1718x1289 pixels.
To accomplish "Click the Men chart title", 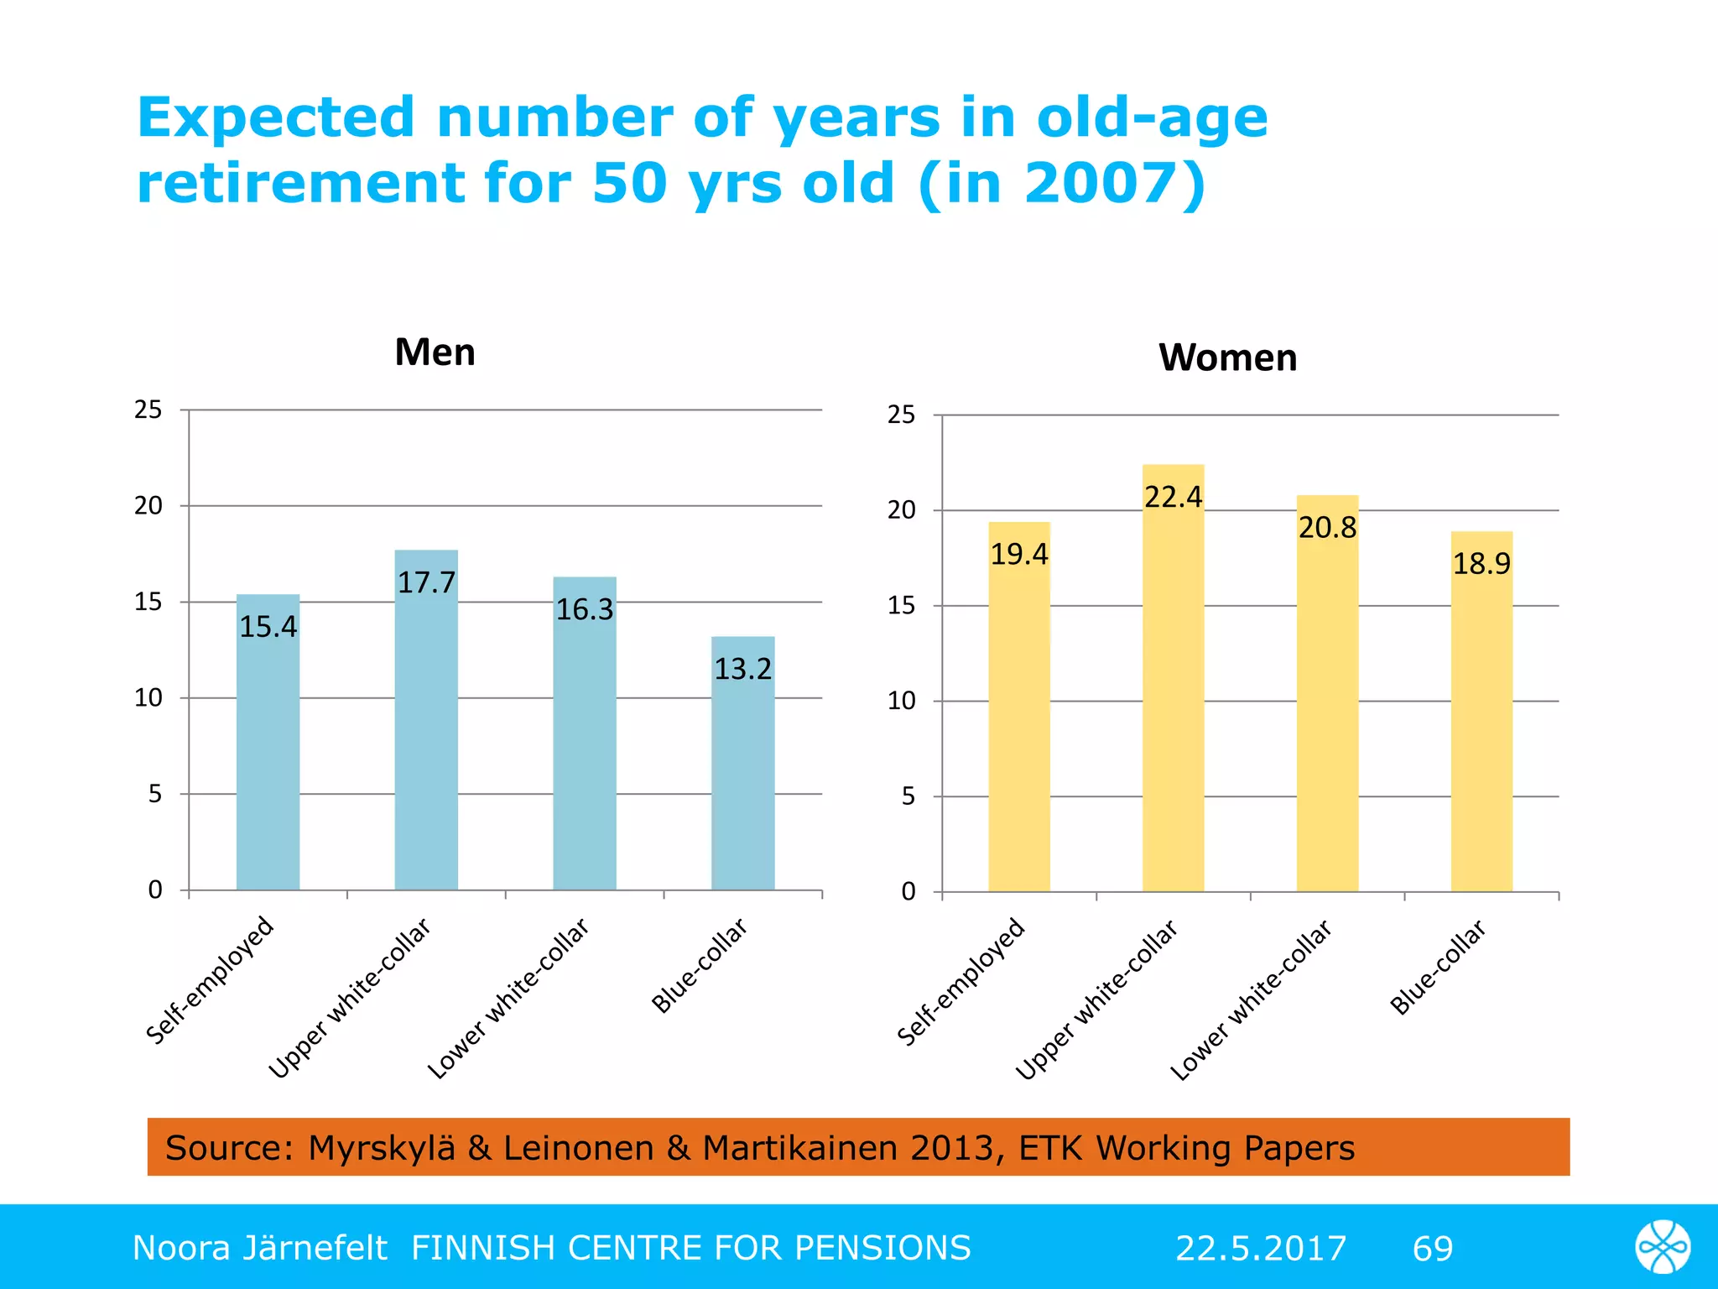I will (x=435, y=352).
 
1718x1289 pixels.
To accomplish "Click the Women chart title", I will (x=1227, y=358).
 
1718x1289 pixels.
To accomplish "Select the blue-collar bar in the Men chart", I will (x=742, y=780).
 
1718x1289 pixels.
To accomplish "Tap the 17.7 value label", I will (x=426, y=582).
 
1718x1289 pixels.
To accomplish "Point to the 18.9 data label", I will (x=1481, y=563).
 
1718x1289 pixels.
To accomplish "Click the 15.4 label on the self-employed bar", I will (x=268, y=627).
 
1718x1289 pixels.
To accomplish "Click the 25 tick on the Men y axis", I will (x=148, y=410).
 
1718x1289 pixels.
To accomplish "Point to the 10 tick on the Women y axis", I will (x=902, y=701).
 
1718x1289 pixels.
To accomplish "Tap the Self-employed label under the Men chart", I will (x=210, y=980).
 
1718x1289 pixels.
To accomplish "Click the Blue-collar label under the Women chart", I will (x=1438, y=967).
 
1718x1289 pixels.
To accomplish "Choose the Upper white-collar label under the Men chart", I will (x=349, y=997).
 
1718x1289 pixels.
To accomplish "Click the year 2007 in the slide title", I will (x=1101, y=183).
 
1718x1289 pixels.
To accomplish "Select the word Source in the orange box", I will (x=223, y=1147).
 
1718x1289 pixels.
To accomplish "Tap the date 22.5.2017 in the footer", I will (x=1260, y=1248).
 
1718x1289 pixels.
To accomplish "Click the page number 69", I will (x=1432, y=1248).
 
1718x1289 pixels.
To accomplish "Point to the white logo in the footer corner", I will (x=1662, y=1247).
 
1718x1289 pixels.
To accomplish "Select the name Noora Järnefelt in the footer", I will (x=259, y=1248).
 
